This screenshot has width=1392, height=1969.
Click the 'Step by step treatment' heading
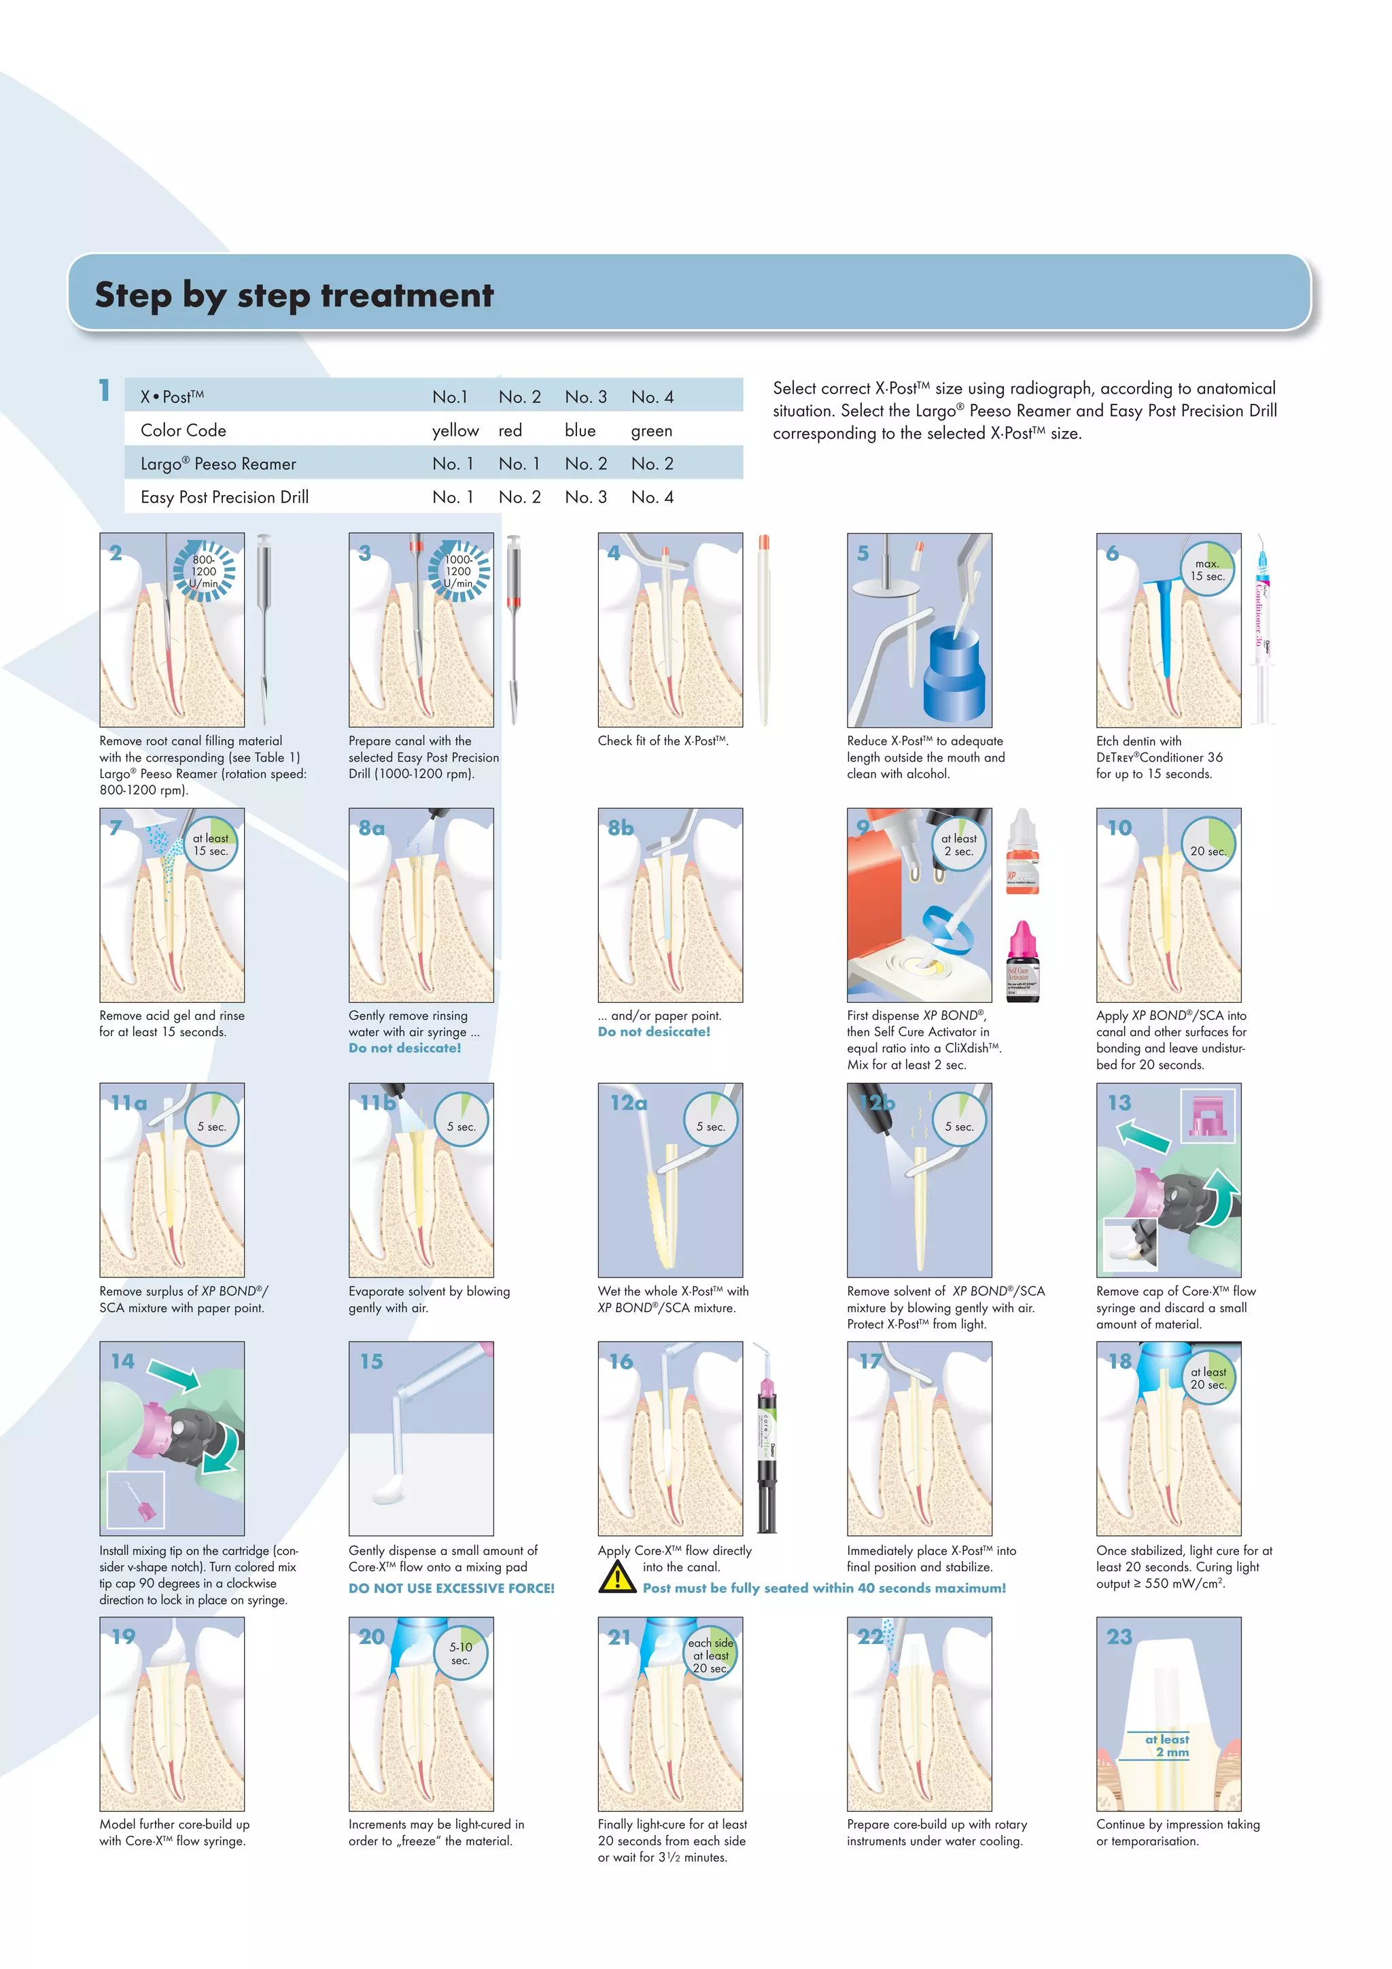tap(294, 295)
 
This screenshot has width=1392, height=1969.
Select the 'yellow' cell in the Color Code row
tap(455, 430)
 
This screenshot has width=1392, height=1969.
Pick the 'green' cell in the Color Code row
tap(651, 430)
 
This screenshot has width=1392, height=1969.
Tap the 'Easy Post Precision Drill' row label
tap(224, 498)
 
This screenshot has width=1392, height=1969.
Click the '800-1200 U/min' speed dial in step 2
tap(204, 571)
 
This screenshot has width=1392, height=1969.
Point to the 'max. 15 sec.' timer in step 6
tap(1207, 570)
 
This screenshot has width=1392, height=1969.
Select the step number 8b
tap(621, 827)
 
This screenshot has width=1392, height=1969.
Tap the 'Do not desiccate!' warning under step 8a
tap(404, 1048)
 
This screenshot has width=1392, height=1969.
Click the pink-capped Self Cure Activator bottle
tap(1022, 962)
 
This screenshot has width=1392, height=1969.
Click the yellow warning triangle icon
tap(617, 1578)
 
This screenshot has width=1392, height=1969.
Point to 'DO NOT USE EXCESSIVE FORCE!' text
tap(451, 1588)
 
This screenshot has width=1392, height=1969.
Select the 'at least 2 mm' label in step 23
tap(1168, 1745)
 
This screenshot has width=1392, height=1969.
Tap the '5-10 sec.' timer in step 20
tap(460, 1653)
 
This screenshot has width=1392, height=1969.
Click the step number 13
tap(1119, 1103)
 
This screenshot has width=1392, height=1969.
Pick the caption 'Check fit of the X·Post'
tap(663, 741)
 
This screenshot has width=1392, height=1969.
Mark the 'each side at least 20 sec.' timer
tap(710, 1654)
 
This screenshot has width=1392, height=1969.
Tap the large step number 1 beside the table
tap(105, 390)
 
